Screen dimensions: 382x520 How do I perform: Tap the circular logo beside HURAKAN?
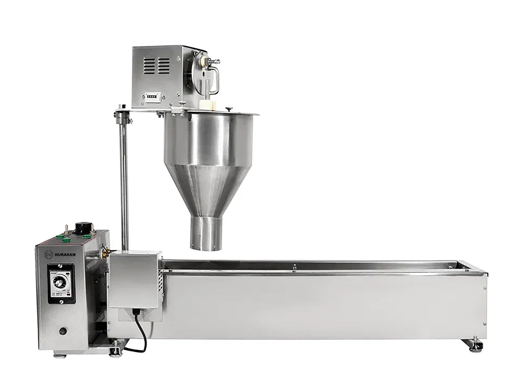[x=49, y=254]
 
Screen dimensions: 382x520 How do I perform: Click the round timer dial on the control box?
[x=60, y=283]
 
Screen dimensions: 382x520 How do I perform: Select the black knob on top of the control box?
[x=82, y=228]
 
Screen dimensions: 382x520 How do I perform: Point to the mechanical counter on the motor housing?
[x=152, y=97]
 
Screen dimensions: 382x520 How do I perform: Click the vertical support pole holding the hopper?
[x=124, y=181]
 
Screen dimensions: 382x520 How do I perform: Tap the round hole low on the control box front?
[x=63, y=331]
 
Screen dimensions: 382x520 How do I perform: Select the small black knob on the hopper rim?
[x=229, y=109]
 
